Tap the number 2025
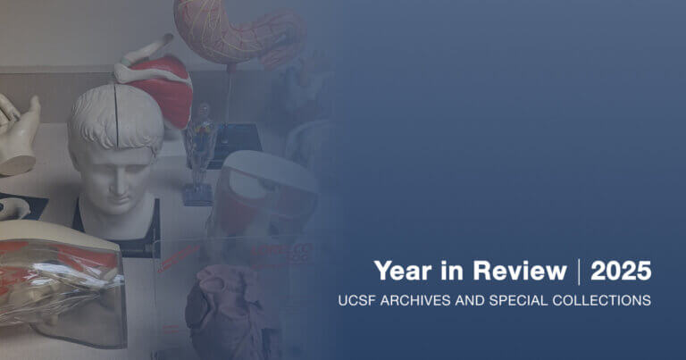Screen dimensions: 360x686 pyautogui.click(x=621, y=271)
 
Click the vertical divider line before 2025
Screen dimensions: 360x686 pyautogui.click(x=579, y=271)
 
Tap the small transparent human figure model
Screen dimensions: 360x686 pyautogui.click(x=200, y=147)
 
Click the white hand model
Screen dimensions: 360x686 pyautogui.click(x=18, y=134)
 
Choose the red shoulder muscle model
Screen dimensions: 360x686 pyautogui.click(x=165, y=89)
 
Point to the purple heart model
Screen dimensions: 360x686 pyautogui.click(x=223, y=308)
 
